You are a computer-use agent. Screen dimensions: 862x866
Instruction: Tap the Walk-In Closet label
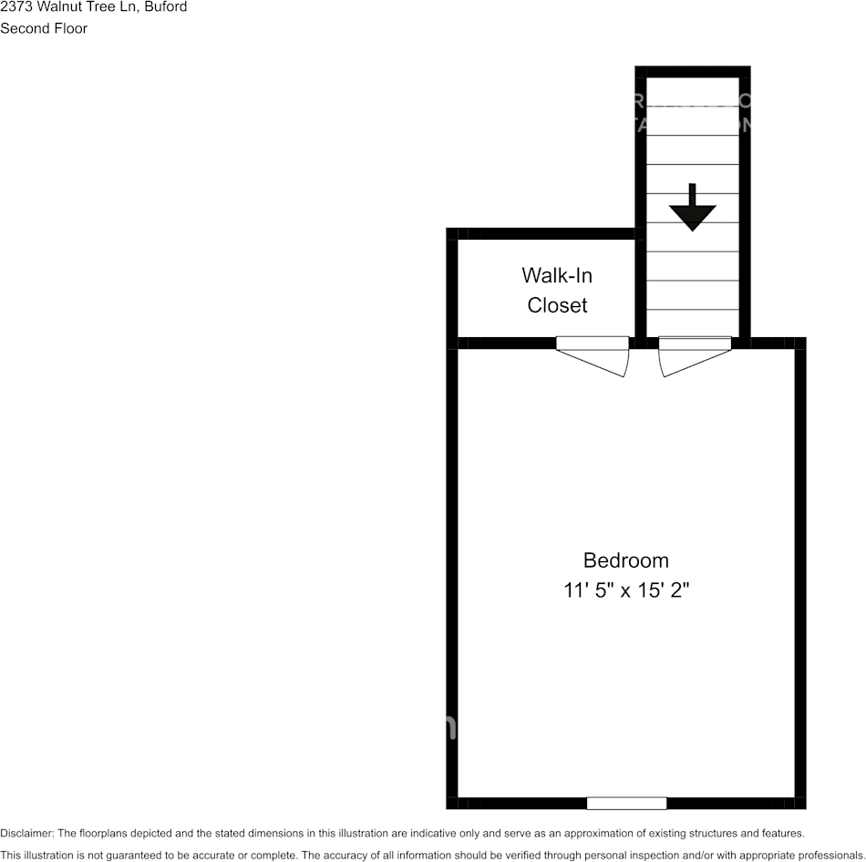[x=557, y=290]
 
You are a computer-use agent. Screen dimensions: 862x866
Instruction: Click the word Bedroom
[x=625, y=559]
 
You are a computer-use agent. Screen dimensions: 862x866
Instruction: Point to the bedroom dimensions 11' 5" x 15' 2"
[x=625, y=590]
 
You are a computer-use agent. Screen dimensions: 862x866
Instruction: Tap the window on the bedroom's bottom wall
[x=626, y=803]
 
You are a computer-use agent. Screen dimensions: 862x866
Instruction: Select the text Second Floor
[x=44, y=28]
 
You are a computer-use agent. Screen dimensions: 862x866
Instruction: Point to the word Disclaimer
[x=26, y=833]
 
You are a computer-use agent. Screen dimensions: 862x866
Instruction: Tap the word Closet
[x=557, y=305]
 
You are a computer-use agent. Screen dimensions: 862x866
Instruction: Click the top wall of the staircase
[x=693, y=71]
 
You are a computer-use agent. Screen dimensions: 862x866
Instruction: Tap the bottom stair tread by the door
[x=693, y=323]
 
